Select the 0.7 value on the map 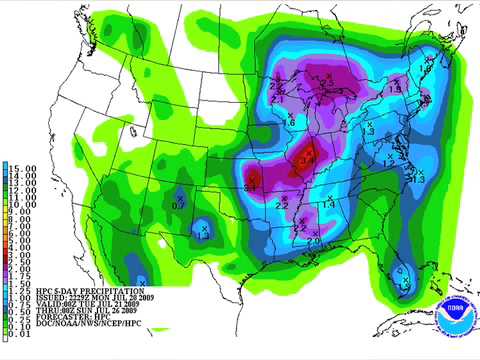(178, 205)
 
